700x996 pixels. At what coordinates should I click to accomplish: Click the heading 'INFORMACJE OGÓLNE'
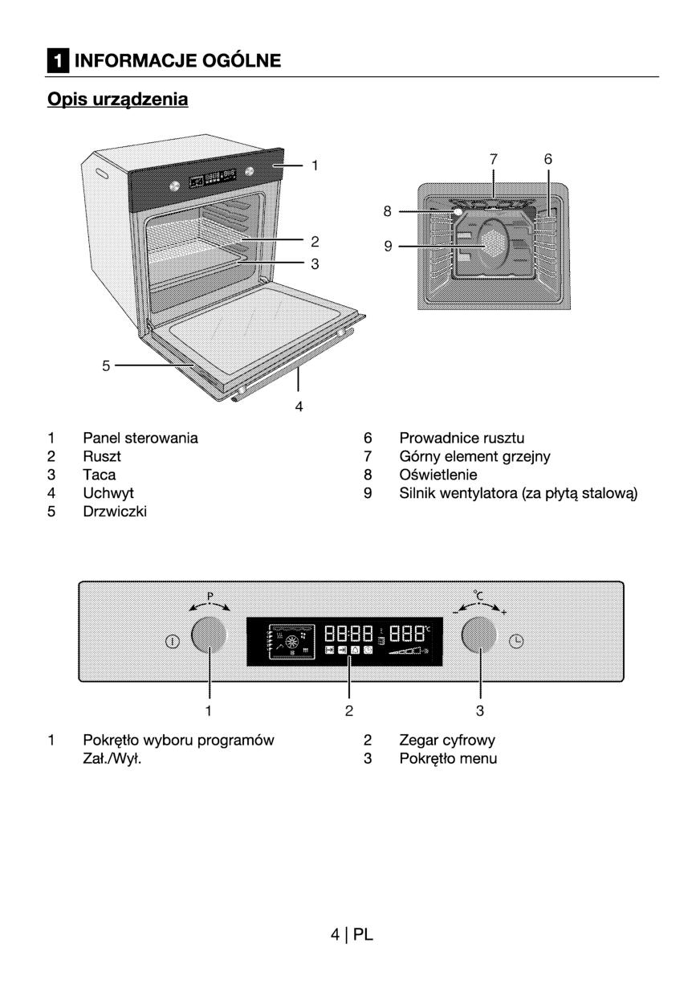[177, 60]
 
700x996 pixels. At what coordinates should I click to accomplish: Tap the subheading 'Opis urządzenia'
[117, 99]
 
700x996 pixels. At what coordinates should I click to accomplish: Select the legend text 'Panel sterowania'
[140, 438]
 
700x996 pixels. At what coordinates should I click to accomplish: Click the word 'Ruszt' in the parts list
[102, 456]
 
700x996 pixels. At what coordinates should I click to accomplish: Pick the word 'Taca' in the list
[100, 475]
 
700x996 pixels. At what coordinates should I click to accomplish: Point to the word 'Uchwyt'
[108, 492]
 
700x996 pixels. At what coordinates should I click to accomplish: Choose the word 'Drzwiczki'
[115, 511]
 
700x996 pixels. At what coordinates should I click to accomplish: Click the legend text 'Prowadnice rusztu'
[462, 438]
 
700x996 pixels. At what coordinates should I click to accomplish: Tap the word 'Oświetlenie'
[438, 475]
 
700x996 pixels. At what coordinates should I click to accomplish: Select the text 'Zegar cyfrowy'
[447, 740]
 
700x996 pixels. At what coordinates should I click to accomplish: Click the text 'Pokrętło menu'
[448, 758]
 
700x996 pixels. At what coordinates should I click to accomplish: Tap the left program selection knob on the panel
[210, 636]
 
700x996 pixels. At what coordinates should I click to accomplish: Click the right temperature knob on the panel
[480, 636]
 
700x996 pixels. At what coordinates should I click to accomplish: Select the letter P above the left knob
[210, 596]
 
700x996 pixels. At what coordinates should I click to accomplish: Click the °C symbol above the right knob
[478, 595]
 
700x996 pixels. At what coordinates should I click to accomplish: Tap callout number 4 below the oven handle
[299, 406]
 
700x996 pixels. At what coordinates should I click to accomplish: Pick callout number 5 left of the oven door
[105, 365]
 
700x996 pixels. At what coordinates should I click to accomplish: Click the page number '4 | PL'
[352, 934]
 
